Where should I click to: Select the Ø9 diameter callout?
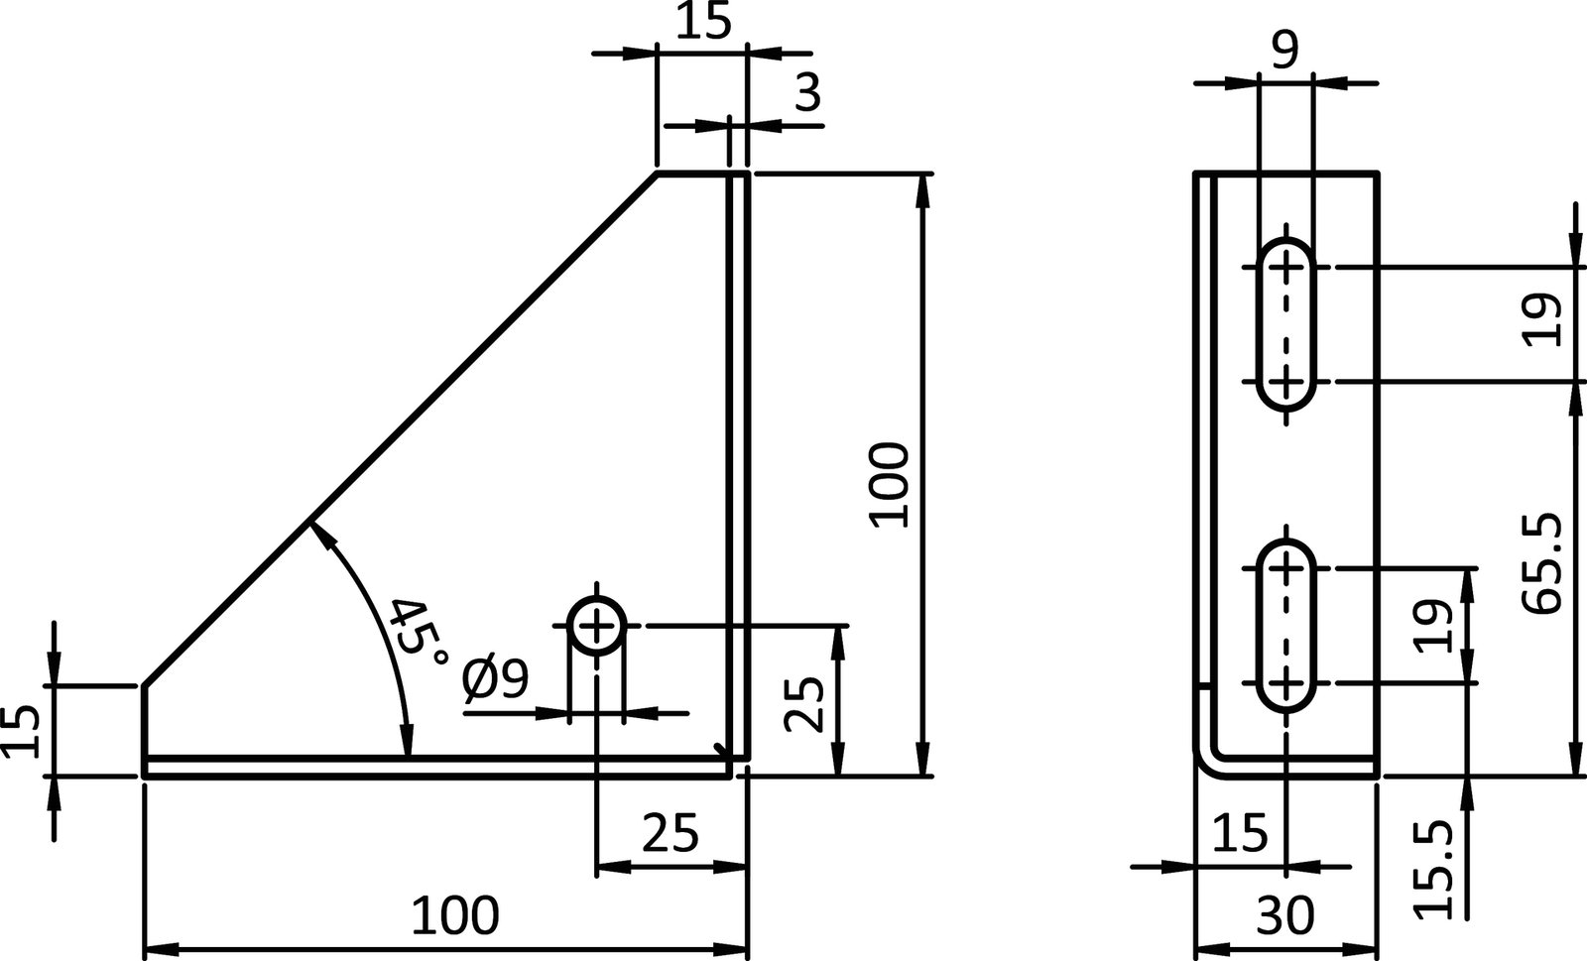pyautogui.click(x=496, y=680)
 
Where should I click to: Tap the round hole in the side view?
pyautogui.click(x=596, y=627)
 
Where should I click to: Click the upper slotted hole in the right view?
pyautogui.click(x=1286, y=323)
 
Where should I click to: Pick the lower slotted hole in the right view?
pyautogui.click(x=1286, y=626)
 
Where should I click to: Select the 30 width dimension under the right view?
pyautogui.click(x=1284, y=915)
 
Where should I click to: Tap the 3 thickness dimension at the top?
pyautogui.click(x=808, y=94)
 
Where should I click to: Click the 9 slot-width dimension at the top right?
pyautogui.click(x=1283, y=50)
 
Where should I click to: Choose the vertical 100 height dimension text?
pyautogui.click(x=889, y=485)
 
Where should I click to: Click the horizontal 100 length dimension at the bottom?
pyautogui.click(x=455, y=915)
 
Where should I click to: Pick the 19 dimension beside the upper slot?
pyautogui.click(x=1543, y=320)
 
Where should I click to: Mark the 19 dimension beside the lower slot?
pyautogui.click(x=1434, y=625)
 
